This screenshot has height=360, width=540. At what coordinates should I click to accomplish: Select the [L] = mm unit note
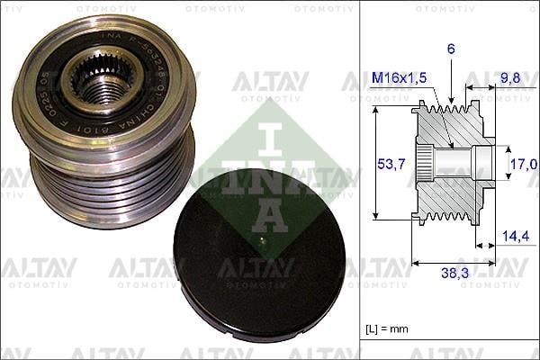coord(388,329)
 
